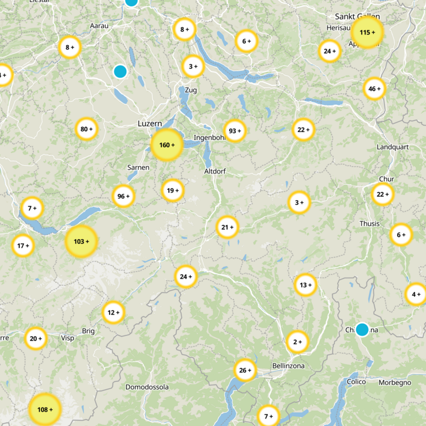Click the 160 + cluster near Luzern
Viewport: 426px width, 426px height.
pos(167,145)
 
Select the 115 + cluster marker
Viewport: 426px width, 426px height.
pos(367,32)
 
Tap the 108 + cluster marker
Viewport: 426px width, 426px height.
pos(45,409)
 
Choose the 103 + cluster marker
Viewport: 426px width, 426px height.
pos(81,241)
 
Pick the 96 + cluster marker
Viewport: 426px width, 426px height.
pos(123,196)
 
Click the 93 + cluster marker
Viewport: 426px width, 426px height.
pos(235,130)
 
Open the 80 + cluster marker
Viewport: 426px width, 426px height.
pos(86,129)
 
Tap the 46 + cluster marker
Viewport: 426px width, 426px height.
pos(374,89)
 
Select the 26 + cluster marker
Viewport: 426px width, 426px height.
pos(245,370)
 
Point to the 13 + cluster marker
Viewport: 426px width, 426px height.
pos(305,285)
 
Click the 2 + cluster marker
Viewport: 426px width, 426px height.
pos(297,341)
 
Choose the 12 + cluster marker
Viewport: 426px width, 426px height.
pos(113,312)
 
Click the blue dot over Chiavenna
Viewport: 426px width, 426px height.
pos(362,330)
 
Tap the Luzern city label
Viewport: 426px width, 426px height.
pos(150,124)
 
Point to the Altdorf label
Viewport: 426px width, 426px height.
pos(216,171)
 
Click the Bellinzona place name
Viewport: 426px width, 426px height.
pos(288,366)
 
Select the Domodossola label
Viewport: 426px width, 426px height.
pos(147,387)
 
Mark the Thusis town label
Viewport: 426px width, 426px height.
pos(370,224)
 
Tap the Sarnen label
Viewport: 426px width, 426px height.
pos(138,167)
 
